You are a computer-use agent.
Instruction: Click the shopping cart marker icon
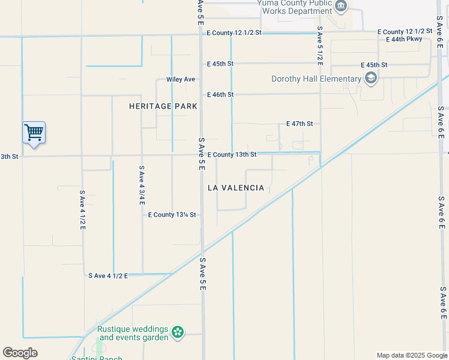(x=34, y=132)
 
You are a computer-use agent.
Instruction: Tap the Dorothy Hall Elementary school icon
(x=371, y=78)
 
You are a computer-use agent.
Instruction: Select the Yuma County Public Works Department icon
(x=342, y=7)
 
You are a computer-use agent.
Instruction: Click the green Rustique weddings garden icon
(x=177, y=332)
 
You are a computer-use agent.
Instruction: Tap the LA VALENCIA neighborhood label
(x=236, y=188)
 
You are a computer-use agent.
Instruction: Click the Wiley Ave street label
(x=181, y=79)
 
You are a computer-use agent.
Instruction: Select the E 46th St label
(x=220, y=95)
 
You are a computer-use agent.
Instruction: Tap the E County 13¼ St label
(x=172, y=215)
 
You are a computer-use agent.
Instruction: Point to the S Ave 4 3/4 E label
(x=142, y=186)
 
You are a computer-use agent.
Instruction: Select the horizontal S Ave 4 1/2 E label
(x=109, y=276)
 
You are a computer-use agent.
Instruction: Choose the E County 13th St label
(x=232, y=155)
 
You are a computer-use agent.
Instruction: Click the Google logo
(x=20, y=353)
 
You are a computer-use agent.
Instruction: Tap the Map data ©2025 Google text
(x=411, y=355)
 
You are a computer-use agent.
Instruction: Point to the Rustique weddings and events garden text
(x=133, y=334)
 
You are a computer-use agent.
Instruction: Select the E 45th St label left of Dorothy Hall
(x=220, y=64)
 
